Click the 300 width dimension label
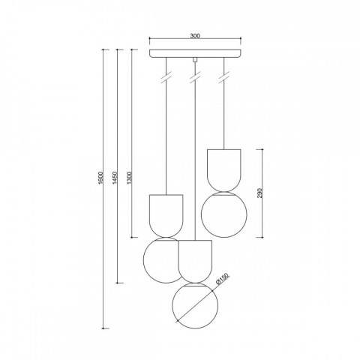[195, 36]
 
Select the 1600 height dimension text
[100, 178]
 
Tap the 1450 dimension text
[115, 178]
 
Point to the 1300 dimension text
[129, 178]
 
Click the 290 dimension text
[259, 193]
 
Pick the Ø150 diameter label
[222, 279]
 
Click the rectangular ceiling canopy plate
[195, 53]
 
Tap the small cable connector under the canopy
[195, 59]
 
